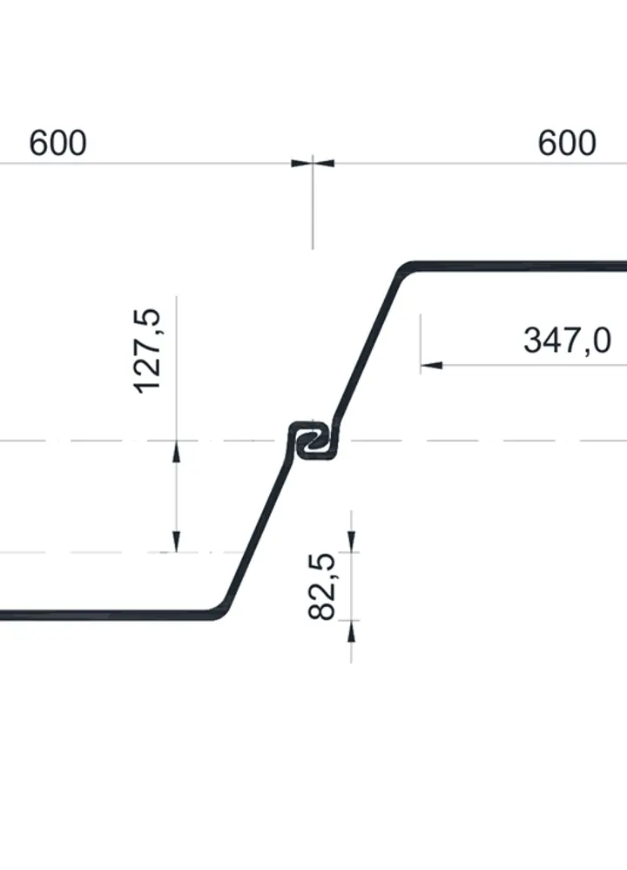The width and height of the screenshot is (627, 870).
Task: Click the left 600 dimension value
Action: point(57,143)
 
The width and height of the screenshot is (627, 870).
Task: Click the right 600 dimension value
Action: point(567,143)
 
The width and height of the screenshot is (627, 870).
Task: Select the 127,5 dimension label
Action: point(147,351)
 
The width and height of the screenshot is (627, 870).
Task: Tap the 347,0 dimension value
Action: point(567,341)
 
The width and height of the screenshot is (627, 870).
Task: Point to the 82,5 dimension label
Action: point(321,586)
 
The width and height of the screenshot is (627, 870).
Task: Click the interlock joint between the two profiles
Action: point(313,441)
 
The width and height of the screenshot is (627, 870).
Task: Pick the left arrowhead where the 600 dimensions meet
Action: point(302,163)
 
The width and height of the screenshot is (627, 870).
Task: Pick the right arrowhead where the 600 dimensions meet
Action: point(323,163)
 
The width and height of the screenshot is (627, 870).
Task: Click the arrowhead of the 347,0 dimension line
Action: point(432,365)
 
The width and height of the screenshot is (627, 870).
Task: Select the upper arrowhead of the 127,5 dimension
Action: point(177,452)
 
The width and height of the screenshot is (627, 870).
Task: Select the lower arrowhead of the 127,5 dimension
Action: point(177,542)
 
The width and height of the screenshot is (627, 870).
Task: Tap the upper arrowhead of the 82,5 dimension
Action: point(351,542)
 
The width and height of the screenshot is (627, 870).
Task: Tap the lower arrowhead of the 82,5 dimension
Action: point(351,631)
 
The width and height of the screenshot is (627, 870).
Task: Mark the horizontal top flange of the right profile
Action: point(522,266)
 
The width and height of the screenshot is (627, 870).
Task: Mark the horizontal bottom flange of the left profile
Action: point(104,615)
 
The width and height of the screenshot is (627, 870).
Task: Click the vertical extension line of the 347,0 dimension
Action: point(421,343)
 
